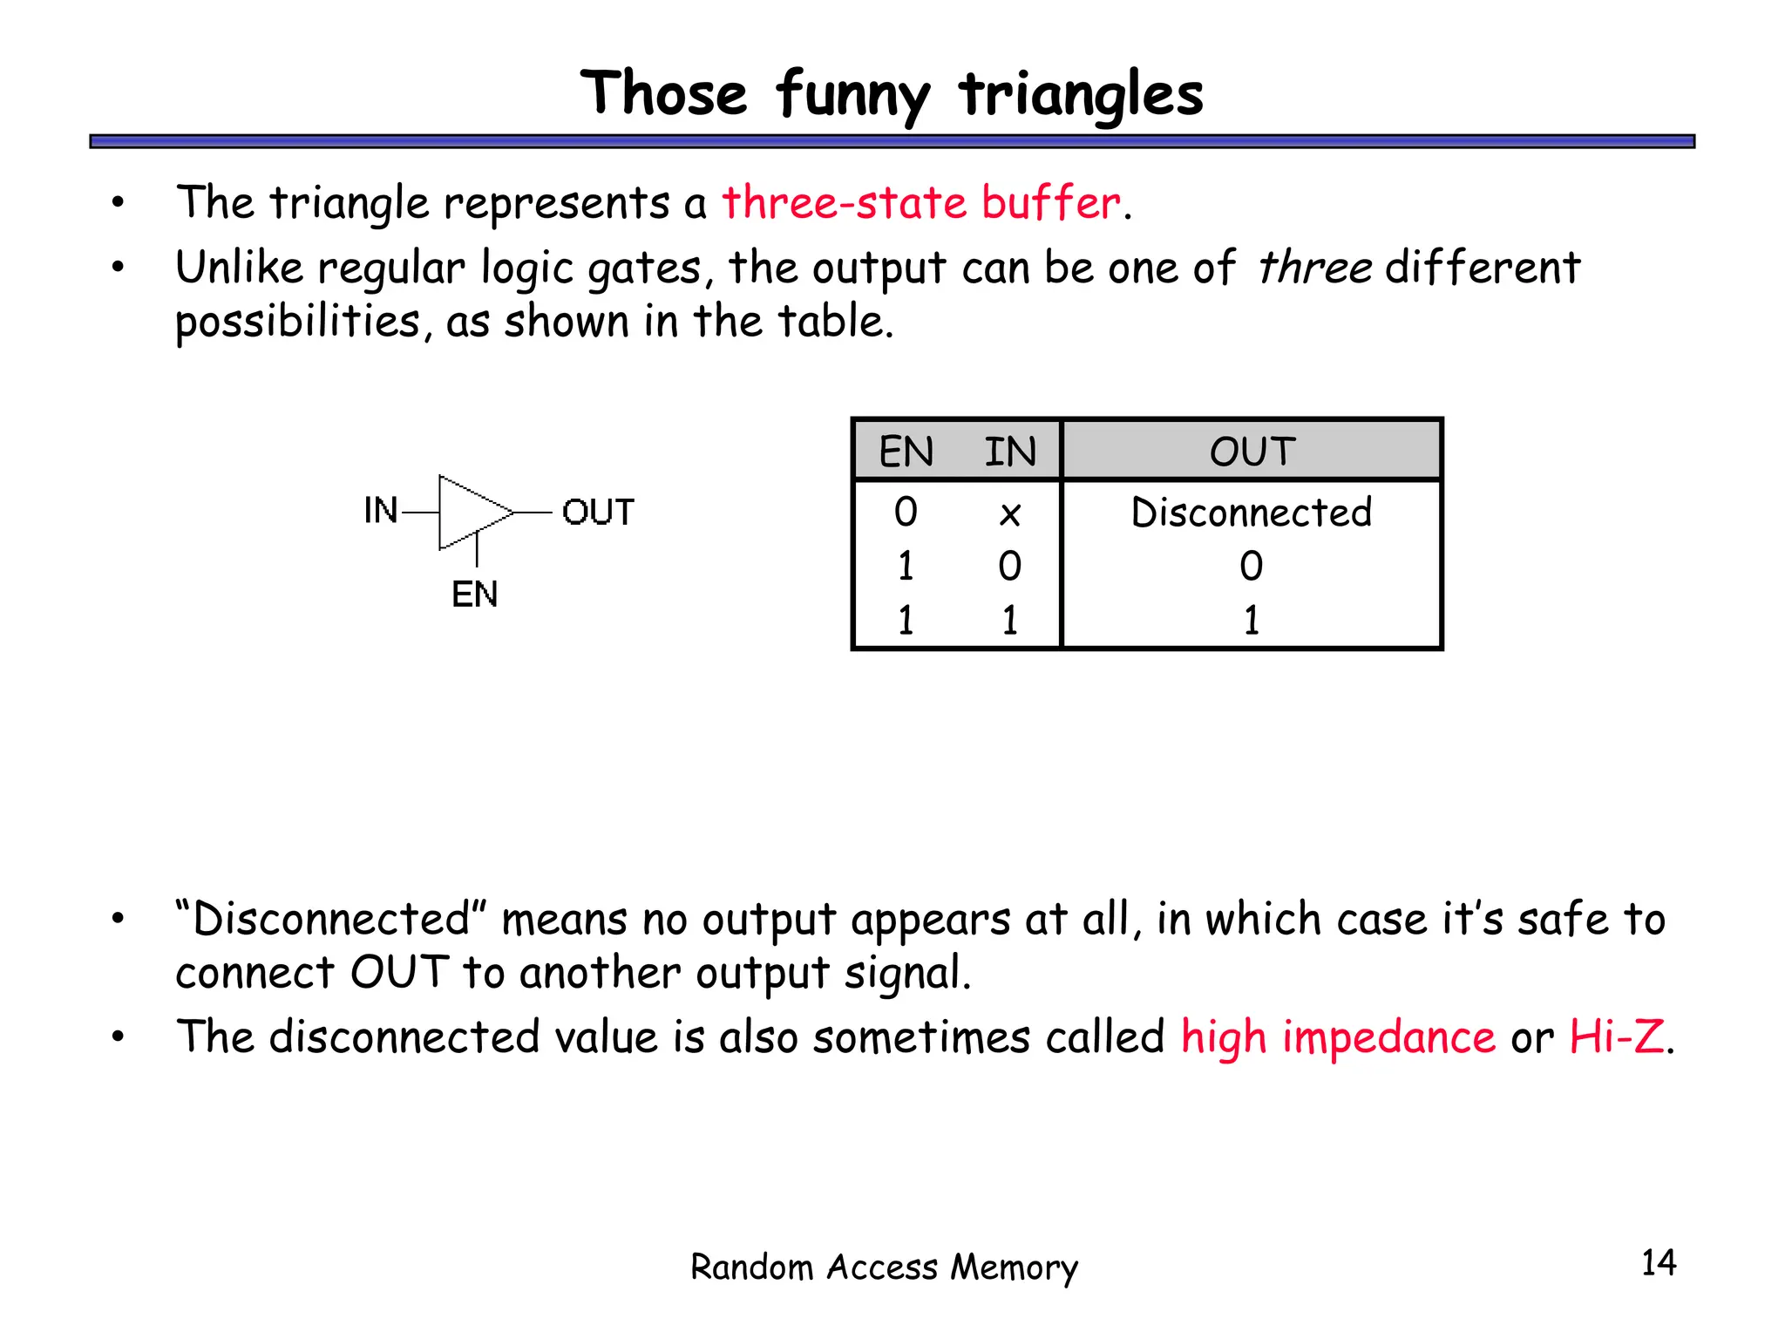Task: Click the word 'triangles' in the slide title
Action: (1081, 94)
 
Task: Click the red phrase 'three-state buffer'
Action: (921, 202)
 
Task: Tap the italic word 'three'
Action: (1314, 267)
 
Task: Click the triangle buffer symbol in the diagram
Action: (471, 513)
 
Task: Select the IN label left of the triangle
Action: (381, 511)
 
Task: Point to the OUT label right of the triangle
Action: (598, 512)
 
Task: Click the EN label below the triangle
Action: (474, 595)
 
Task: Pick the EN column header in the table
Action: (906, 452)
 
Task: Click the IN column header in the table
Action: (1009, 452)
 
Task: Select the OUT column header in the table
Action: (1252, 452)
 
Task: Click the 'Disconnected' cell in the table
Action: (1251, 512)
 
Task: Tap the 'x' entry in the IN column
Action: (1009, 514)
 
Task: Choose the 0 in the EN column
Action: (906, 512)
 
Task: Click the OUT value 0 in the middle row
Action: (1251, 566)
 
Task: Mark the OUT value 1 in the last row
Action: (1251, 620)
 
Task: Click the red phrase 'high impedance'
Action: (1337, 1037)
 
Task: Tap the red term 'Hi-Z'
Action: (1616, 1037)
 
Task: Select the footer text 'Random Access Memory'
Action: (884, 1267)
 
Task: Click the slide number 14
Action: (1658, 1262)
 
